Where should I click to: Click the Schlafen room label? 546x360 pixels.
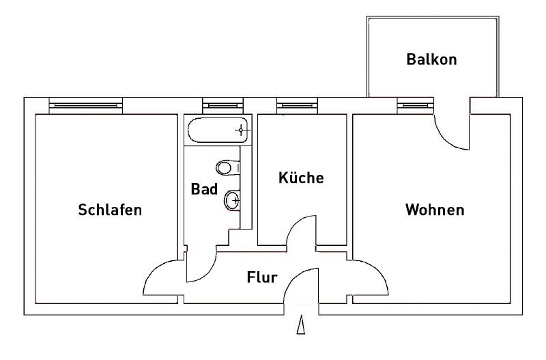[110, 210]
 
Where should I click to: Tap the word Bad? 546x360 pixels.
[204, 189]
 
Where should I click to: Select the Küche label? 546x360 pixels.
[301, 178]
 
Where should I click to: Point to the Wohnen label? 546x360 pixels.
[435, 210]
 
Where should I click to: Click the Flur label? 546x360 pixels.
[261, 277]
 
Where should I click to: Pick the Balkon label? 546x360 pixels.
[431, 59]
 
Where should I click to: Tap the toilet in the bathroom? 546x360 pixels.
[226, 167]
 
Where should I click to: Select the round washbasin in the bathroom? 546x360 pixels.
[231, 200]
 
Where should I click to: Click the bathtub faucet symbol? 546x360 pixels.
[240, 128]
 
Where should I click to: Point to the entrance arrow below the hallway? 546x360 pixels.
[300, 325]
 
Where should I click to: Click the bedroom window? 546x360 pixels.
[86, 106]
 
